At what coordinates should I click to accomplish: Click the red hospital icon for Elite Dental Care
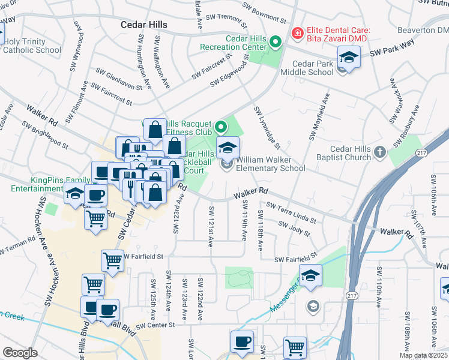pos(297,33)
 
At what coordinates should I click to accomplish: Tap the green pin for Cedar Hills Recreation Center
pos(276,42)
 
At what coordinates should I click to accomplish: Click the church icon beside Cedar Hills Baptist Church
pos(379,153)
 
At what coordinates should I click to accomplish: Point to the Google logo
pos(20,353)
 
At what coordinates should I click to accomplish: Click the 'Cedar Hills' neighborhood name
pos(145,25)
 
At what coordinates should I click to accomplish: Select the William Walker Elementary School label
pos(271,164)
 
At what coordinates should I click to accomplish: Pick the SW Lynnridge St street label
pos(267,127)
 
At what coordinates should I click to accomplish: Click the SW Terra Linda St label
pos(291,212)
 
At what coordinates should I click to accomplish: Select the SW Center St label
pos(154,325)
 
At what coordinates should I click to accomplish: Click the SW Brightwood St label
pos(45,134)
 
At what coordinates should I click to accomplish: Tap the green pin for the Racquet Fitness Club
pos(220,127)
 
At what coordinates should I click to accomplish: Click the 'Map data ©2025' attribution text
pos(423,355)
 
